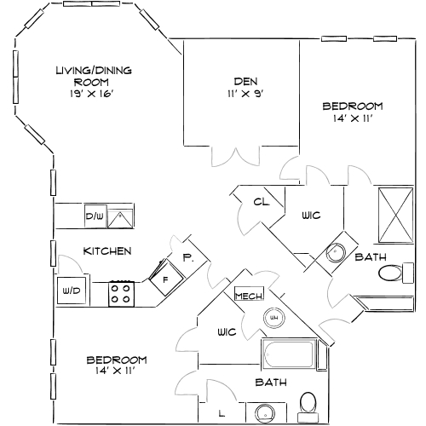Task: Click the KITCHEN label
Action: tap(106, 251)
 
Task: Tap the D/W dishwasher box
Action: tap(94, 216)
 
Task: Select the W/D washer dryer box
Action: tap(68, 291)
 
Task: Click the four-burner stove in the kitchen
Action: tap(120, 294)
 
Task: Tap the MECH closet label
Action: tap(247, 296)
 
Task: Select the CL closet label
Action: tap(261, 202)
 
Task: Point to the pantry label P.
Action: tap(187, 257)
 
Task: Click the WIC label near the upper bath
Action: tap(311, 216)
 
